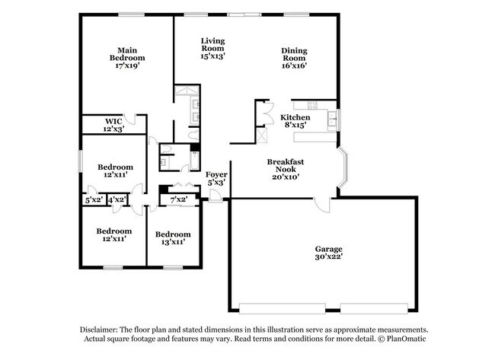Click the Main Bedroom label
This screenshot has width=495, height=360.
point(126,58)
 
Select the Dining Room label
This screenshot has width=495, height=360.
point(294,58)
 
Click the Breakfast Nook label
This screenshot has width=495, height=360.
point(286,169)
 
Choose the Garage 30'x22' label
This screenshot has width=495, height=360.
point(329,253)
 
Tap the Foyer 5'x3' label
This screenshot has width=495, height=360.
point(216,178)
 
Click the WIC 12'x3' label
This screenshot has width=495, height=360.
point(113,125)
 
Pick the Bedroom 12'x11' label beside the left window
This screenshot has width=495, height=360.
point(115,170)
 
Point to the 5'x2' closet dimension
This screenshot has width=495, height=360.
point(94,199)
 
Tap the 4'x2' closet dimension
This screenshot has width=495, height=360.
point(117,199)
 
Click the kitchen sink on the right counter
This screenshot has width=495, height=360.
point(332,118)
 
